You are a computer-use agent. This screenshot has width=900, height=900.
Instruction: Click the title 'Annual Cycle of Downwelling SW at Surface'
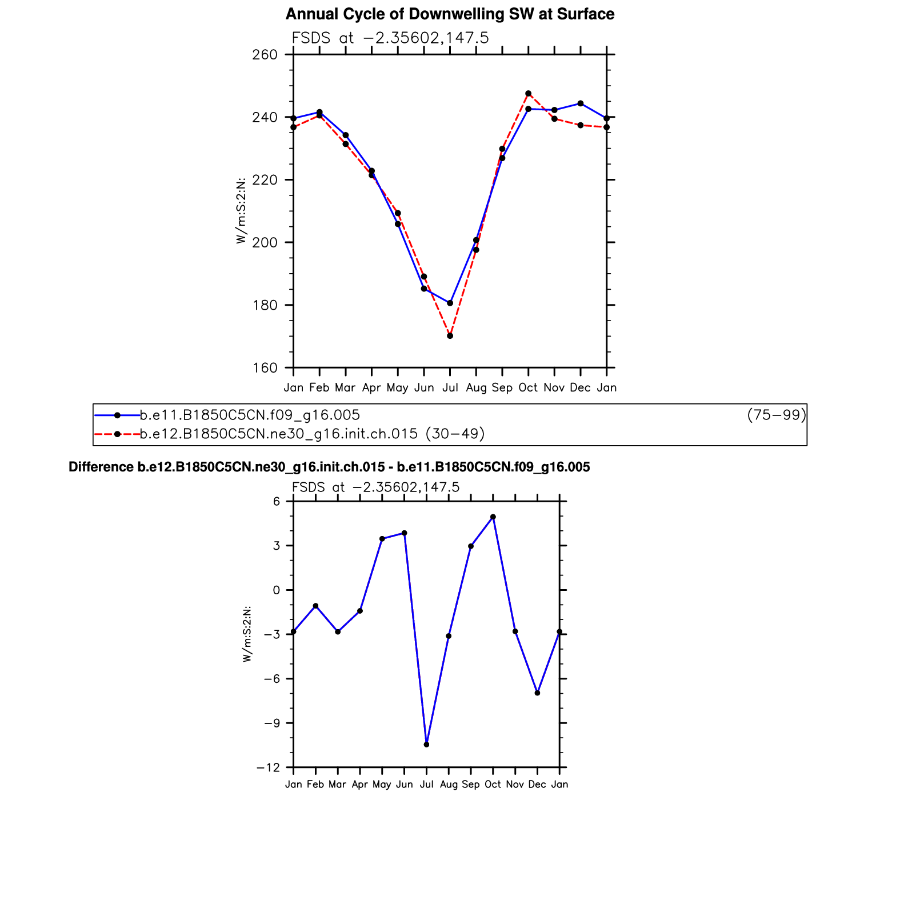450,14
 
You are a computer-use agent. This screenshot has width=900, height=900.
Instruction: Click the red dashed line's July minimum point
450,336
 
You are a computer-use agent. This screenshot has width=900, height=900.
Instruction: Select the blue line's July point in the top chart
450,303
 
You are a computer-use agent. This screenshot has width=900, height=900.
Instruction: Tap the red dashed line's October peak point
528,94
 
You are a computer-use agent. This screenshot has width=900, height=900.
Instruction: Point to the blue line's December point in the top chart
581,103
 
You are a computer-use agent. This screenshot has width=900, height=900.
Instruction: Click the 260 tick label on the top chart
265,55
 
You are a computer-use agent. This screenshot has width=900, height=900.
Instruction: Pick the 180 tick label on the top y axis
265,305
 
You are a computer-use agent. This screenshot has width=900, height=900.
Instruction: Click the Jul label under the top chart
450,388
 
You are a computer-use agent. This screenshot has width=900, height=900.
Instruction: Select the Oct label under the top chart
528,388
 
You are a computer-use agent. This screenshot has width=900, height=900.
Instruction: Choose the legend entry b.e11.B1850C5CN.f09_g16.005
250,415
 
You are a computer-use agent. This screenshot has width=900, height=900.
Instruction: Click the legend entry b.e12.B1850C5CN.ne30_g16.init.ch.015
279,434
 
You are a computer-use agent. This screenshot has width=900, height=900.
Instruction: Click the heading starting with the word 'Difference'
329,467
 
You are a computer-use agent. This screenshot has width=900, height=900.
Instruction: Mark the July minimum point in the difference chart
426,745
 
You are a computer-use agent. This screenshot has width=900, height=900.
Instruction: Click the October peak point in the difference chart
493,517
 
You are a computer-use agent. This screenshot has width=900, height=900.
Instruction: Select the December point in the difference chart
537,693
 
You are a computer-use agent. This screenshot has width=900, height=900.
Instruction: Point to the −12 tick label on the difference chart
268,767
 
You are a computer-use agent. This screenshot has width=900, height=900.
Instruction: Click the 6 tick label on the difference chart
276,502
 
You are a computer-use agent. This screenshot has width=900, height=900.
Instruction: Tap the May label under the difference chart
382,785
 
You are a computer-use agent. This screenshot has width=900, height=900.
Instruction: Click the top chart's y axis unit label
241,211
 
